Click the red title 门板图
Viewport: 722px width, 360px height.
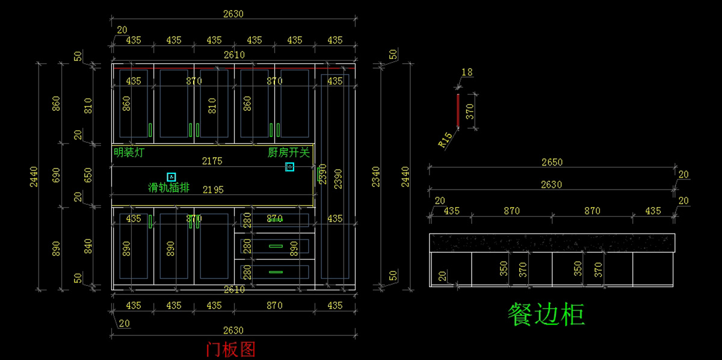click(x=231, y=349)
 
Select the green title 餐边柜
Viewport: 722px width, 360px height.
click(x=546, y=314)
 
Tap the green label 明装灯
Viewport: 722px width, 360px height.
click(x=129, y=153)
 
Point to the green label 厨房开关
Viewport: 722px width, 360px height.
click(x=289, y=153)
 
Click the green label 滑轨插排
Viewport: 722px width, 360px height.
click(x=168, y=188)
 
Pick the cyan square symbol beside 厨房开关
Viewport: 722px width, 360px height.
click(x=289, y=167)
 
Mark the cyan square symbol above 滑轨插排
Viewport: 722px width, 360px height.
click(x=171, y=176)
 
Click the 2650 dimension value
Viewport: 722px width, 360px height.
click(x=552, y=162)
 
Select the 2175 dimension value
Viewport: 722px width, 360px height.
click(x=212, y=161)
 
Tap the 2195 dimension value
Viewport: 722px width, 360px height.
click(x=213, y=190)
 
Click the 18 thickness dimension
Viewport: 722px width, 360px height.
click(x=467, y=72)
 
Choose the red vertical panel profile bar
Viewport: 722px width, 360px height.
click(x=458, y=111)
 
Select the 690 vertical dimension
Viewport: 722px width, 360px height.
click(x=57, y=175)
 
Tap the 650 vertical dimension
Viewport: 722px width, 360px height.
click(x=88, y=175)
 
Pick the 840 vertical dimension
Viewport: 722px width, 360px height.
click(x=88, y=246)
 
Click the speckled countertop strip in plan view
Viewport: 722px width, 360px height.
click(x=552, y=243)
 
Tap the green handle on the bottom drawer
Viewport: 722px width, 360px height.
click(x=276, y=272)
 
